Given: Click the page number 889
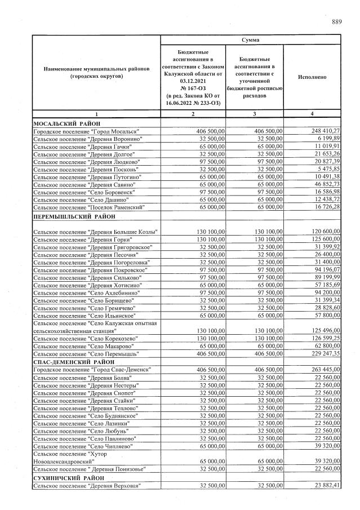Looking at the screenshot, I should click(x=336, y=22).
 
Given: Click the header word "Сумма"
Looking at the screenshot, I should click(x=251, y=40).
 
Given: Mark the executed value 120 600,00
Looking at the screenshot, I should click(x=323, y=232).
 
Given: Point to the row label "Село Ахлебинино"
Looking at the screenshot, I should click(x=87, y=293).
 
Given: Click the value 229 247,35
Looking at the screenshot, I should click(x=323, y=353).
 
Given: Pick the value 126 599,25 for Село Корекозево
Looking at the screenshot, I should click(x=323, y=338).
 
